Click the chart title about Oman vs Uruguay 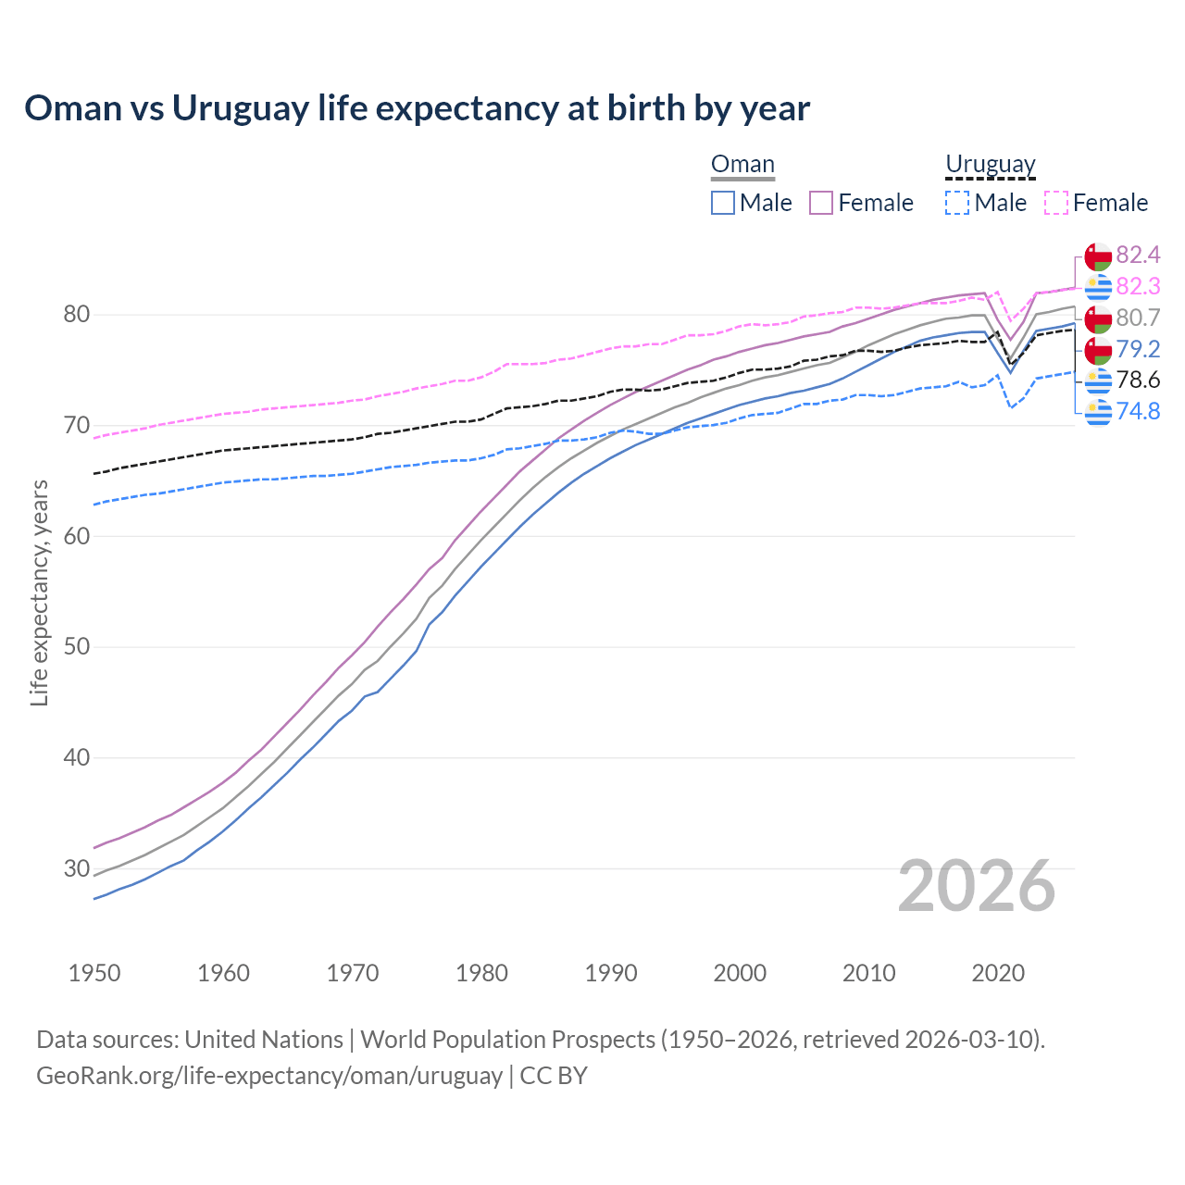(x=417, y=108)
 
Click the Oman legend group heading (x=742, y=165)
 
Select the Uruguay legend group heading (x=990, y=165)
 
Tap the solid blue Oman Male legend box (x=723, y=203)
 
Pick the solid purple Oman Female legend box (x=821, y=203)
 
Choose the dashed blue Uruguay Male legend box (x=957, y=203)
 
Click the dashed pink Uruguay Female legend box (x=1056, y=203)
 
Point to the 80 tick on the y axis (x=76, y=315)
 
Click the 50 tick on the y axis (x=76, y=646)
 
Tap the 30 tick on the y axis (x=76, y=868)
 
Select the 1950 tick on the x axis (x=94, y=973)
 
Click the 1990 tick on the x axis (x=611, y=973)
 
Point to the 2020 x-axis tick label (x=998, y=973)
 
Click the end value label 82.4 (x=1138, y=255)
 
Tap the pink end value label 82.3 (x=1138, y=286)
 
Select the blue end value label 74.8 (x=1138, y=411)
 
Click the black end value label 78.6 (x=1138, y=380)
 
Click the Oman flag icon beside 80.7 (x=1098, y=318)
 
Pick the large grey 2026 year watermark (x=977, y=887)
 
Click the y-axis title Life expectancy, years (x=39, y=592)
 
